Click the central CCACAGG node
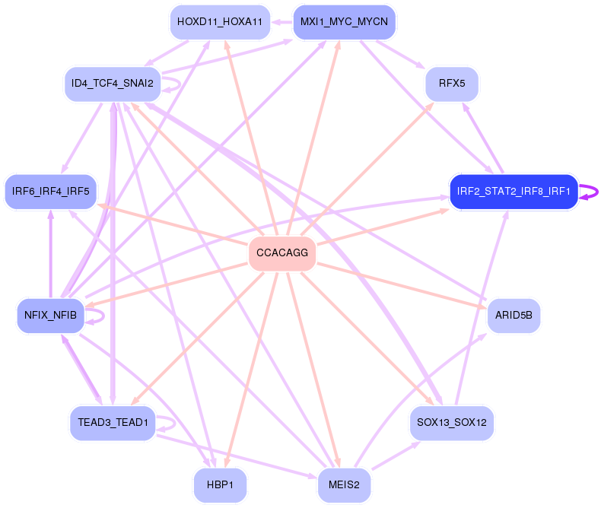282,254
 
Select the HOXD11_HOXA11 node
220,22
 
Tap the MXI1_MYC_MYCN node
344,22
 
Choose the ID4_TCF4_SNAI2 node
113,83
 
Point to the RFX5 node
452,83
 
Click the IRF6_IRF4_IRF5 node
50,191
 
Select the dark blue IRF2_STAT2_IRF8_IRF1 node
514,191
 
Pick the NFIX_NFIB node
50,315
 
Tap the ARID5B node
514,314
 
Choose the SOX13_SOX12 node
452,422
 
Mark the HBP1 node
220,484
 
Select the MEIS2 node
344,484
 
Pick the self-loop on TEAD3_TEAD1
172,423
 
